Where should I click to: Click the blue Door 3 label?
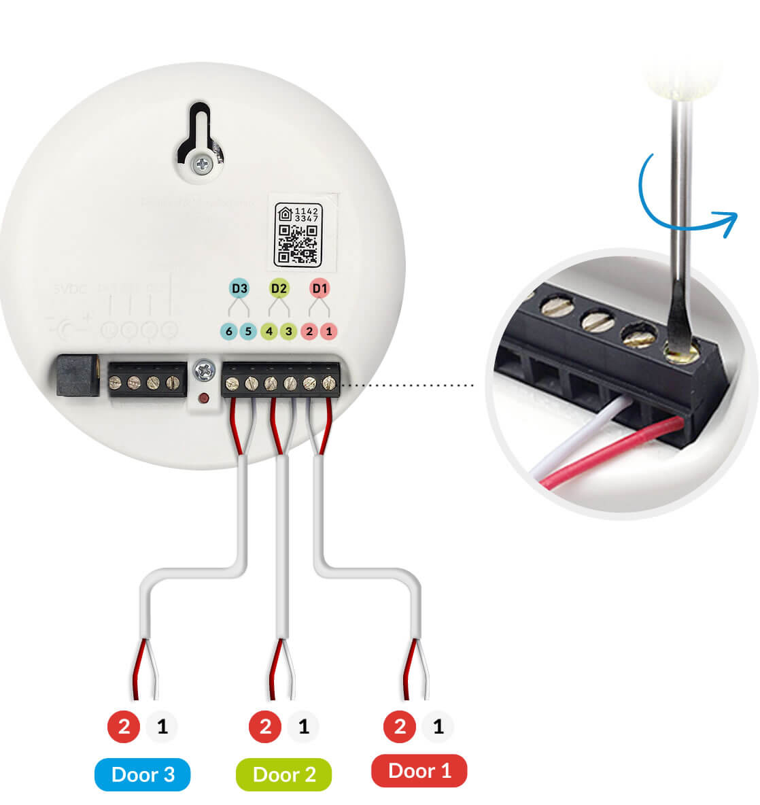pyautogui.click(x=143, y=774)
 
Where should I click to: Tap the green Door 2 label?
pyautogui.click(x=284, y=775)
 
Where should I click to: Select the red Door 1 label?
pyautogui.click(x=419, y=771)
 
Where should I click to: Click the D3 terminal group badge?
pyautogui.click(x=239, y=288)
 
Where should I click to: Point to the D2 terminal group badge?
pyautogui.click(x=279, y=288)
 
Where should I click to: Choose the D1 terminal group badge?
pyautogui.click(x=319, y=288)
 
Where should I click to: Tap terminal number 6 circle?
pyautogui.click(x=229, y=332)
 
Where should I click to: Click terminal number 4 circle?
pyautogui.click(x=269, y=332)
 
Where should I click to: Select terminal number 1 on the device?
pyautogui.click(x=329, y=332)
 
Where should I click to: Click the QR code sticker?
pyautogui.click(x=298, y=233)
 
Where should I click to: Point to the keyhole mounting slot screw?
pyautogui.click(x=202, y=163)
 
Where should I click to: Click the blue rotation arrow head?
pyautogui.click(x=730, y=221)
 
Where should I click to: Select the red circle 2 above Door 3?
pyautogui.click(x=124, y=727)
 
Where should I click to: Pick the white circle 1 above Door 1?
pyautogui.click(x=438, y=727)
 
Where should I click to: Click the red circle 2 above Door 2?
pyautogui.click(x=265, y=727)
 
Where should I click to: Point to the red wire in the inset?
pyautogui.click(x=612, y=452)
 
